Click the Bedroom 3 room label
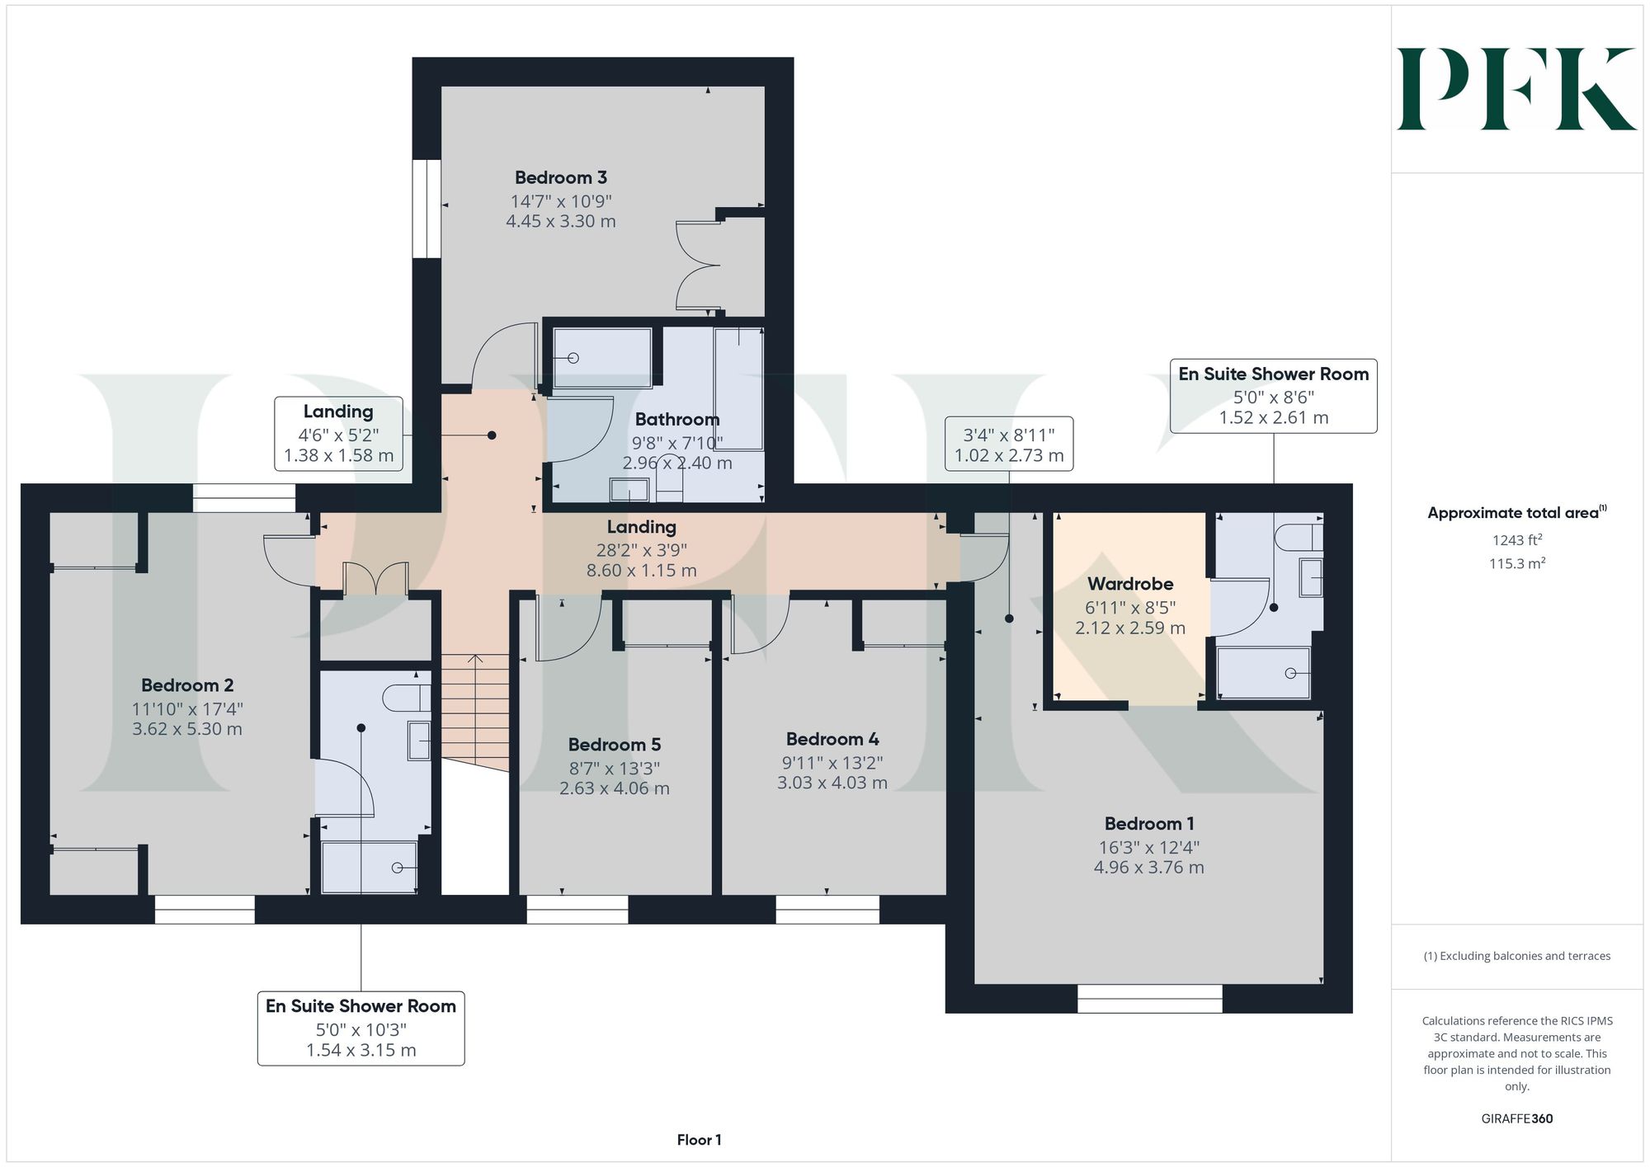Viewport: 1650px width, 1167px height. (561, 177)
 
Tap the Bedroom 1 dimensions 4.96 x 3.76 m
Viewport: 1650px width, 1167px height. (1149, 868)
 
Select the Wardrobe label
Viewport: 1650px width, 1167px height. (1130, 584)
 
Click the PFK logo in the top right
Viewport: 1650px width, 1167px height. (1516, 89)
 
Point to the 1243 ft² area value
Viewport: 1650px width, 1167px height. (1517, 540)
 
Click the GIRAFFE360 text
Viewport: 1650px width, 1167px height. (1517, 1119)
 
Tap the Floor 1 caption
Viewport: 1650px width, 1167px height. (699, 1140)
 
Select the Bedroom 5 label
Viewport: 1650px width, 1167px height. (615, 745)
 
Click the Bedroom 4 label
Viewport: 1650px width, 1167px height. (832, 739)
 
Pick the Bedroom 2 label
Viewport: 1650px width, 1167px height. (187, 685)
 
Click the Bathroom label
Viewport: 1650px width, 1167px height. (677, 419)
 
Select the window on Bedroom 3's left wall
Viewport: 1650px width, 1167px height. (427, 209)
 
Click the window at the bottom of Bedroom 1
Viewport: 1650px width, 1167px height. (1149, 999)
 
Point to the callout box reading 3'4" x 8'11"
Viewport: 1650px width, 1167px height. (1009, 444)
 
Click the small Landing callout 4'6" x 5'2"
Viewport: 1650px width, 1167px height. (338, 434)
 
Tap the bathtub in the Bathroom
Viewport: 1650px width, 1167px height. (738, 388)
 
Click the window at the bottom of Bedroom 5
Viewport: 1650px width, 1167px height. (577, 910)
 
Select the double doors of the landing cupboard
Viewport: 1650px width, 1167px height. (376, 578)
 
